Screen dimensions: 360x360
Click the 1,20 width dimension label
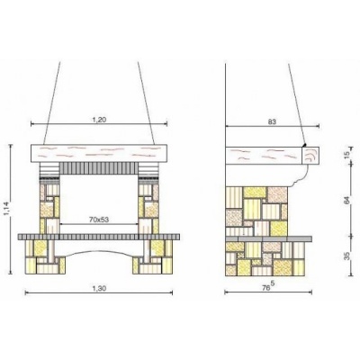click(99, 120)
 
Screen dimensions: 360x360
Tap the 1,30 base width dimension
click(99, 288)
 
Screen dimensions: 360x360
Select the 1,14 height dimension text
click(6, 209)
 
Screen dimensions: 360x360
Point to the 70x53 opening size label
click(99, 220)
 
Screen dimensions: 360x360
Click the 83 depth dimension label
click(272, 121)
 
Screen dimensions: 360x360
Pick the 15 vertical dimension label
click(346, 155)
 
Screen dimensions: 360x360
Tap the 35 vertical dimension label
click(346, 256)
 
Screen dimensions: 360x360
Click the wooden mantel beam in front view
click(99, 153)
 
